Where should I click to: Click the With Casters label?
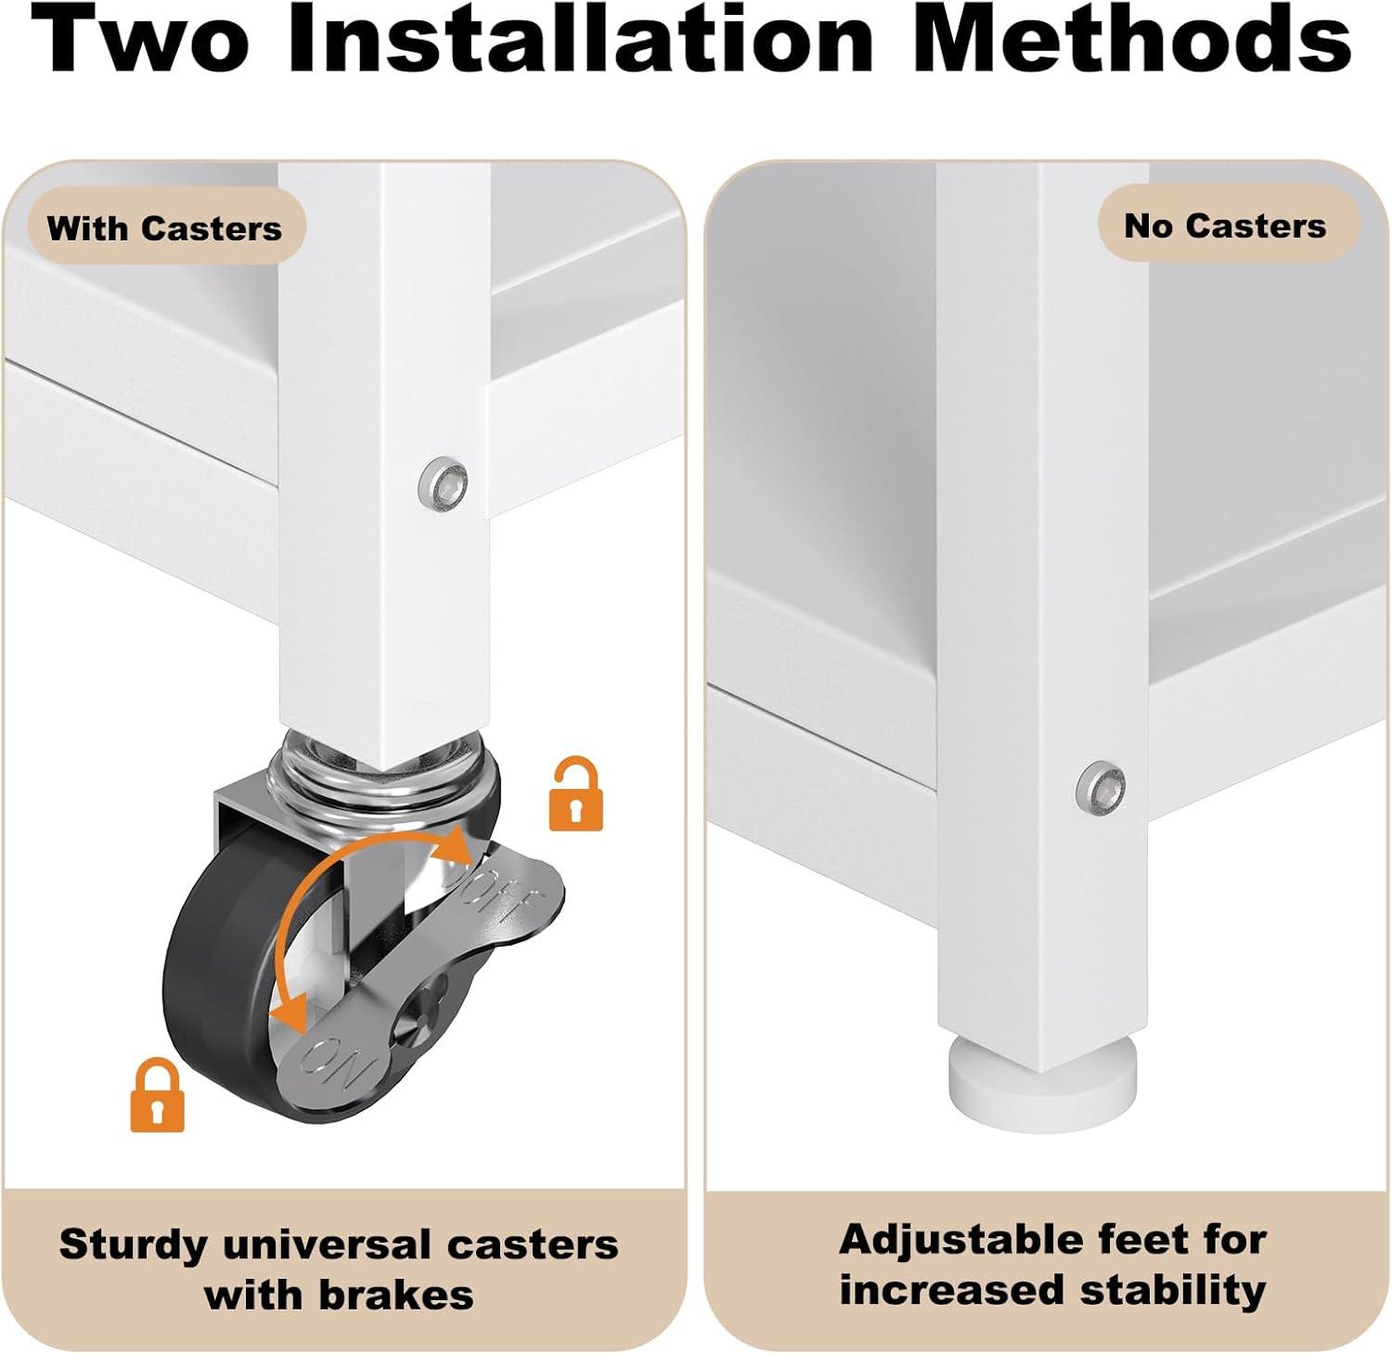click(x=164, y=228)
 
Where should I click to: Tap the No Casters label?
click(x=1225, y=226)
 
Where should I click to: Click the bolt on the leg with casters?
click(x=444, y=481)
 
